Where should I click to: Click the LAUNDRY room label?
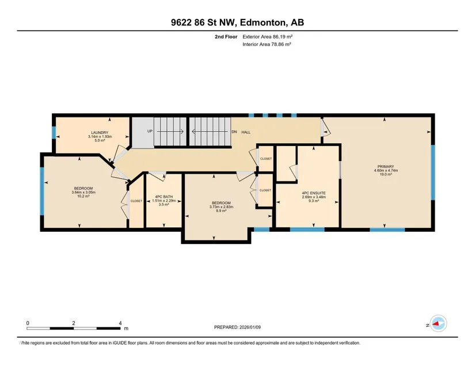[x=100, y=132]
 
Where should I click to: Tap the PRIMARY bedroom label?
[x=386, y=166]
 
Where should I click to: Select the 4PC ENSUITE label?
[x=314, y=193]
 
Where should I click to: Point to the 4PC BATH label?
[x=164, y=197]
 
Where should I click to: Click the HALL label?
[x=246, y=132]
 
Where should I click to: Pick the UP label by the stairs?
[x=150, y=131]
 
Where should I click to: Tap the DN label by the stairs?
[x=234, y=132]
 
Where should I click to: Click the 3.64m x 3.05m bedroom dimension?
[x=83, y=192]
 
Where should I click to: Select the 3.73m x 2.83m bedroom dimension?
[x=222, y=207]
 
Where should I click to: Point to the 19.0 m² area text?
[x=386, y=174]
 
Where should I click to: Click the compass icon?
[x=438, y=323]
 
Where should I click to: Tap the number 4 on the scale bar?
[x=120, y=323]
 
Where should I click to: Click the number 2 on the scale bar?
[x=74, y=323]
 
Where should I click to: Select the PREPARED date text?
[x=237, y=327]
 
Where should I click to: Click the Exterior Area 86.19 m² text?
[x=268, y=37]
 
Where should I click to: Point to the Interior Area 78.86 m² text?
[x=267, y=44]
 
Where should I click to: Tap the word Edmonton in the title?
[x=263, y=22]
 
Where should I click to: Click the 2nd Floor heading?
[x=226, y=37]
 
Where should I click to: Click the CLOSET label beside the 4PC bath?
[x=136, y=201]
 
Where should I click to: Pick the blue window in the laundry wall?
[x=54, y=132]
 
